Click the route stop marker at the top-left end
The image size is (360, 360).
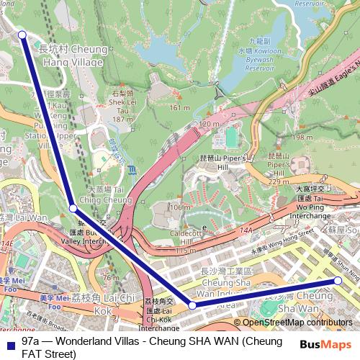pyautogui.click(x=22, y=35)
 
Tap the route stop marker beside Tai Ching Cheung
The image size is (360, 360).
pyautogui.click(x=73, y=208)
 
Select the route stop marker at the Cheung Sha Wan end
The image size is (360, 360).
pyautogui.click(x=338, y=281)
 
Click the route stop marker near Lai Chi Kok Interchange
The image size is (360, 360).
pyautogui.click(x=192, y=305)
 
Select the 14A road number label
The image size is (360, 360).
pyautogui.click(x=247, y=230)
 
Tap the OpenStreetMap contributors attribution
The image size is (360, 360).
pyautogui.click(x=293, y=323)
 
